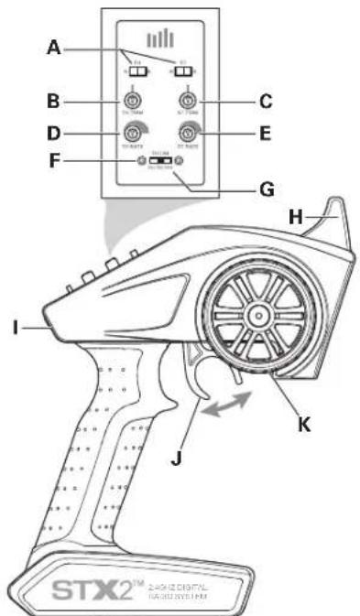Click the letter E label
coord(239,132)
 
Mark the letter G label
coord(239,191)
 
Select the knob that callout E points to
coord(190,132)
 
